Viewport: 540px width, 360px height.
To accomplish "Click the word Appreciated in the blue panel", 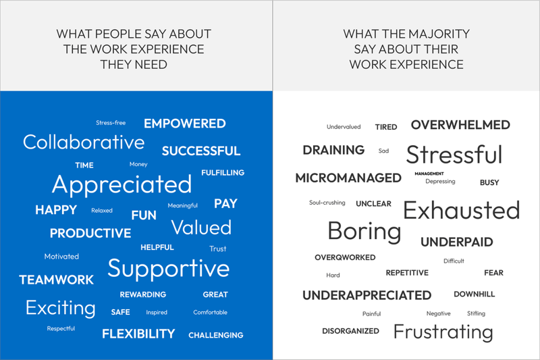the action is [122, 185].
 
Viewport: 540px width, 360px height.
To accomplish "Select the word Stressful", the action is [454, 155].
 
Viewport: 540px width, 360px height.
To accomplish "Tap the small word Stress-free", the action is [111, 123].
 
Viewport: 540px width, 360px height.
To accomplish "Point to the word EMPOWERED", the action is [184, 124].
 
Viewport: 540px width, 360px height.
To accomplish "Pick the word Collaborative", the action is [84, 143].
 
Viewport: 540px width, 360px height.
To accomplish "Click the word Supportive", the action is [168, 269].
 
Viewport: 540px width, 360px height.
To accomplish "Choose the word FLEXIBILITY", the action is [138, 334].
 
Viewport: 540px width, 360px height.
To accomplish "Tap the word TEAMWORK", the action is [56, 280].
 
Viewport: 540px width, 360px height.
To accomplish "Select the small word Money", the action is [138, 164].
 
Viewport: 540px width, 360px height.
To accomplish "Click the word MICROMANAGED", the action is [348, 178].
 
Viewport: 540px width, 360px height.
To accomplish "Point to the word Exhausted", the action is [462, 210].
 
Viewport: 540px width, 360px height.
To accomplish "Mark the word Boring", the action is [364, 232].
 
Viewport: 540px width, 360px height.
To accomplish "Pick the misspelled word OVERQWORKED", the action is [345, 258].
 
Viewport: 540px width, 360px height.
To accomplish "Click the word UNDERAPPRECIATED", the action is [367, 295].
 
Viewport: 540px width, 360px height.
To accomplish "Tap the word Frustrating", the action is [443, 332].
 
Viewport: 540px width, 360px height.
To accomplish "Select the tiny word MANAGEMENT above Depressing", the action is [429, 174].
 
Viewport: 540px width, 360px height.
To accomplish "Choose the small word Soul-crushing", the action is [327, 203].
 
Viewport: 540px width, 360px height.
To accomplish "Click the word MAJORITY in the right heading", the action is [439, 34].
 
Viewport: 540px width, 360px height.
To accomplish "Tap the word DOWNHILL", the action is [475, 294].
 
